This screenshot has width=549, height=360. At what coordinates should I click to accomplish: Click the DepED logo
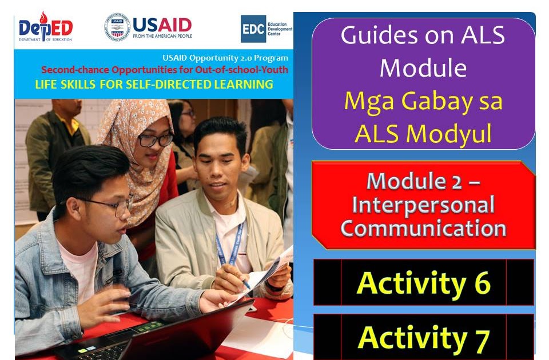coord(45,27)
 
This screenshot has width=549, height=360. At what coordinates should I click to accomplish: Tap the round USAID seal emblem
coord(117,27)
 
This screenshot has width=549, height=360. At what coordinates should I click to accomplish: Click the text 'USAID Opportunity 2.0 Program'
coord(225,58)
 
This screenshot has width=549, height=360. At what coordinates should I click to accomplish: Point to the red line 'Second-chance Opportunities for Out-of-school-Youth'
coord(165,70)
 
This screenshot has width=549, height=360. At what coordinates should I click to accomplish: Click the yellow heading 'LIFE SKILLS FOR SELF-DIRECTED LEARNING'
coord(154,85)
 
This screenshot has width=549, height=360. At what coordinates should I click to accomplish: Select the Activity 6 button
coord(423,282)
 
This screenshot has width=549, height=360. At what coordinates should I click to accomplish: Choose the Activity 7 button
coord(423,337)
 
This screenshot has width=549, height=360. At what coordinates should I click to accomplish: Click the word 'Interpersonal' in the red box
coord(423,205)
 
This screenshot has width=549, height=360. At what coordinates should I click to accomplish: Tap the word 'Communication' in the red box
coord(423,228)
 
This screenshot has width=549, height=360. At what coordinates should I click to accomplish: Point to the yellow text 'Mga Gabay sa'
coord(423,102)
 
